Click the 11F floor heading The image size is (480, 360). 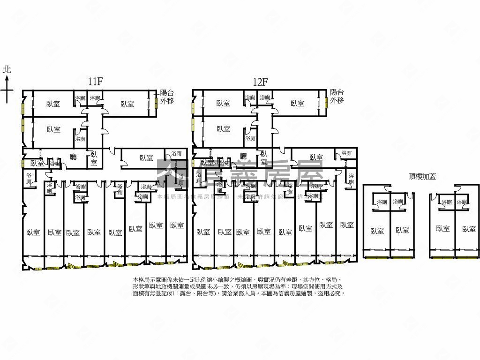[96, 81]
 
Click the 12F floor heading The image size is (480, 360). [260, 81]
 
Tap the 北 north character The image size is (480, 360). [7, 69]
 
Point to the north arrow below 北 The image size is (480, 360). [7, 89]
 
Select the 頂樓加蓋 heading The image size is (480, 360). [422, 176]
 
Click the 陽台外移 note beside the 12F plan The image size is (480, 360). [337, 96]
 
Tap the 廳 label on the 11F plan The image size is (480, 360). [73, 157]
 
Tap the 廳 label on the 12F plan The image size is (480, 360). [243, 157]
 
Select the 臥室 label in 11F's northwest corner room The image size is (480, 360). [53, 104]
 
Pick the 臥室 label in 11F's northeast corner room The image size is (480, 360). [127, 104]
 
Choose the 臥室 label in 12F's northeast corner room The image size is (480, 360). [297, 104]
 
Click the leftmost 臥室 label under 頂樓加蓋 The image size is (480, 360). [377, 230]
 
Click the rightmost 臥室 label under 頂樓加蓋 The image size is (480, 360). [469, 229]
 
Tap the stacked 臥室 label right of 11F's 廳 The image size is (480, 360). [94, 158]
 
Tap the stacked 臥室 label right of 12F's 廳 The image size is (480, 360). [264, 158]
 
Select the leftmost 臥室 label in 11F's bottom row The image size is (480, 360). [33, 232]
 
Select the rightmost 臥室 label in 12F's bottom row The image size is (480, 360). [347, 225]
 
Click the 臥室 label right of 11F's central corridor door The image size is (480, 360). [146, 158]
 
